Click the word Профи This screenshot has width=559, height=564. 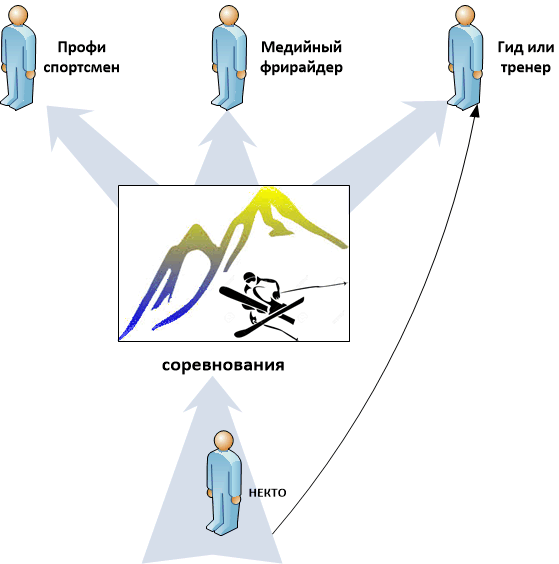[x=82, y=48]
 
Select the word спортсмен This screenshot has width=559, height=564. [x=82, y=67]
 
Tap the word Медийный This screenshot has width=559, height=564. [x=301, y=47]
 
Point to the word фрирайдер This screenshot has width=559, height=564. [x=301, y=68]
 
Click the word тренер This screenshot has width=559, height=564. [x=526, y=67]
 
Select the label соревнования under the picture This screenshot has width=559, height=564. [x=223, y=365]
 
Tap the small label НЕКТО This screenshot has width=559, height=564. [x=268, y=493]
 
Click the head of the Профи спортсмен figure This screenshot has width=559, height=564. [x=18, y=15]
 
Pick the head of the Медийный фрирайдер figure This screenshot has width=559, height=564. [x=229, y=15]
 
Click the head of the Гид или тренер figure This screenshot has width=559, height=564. [x=465, y=15]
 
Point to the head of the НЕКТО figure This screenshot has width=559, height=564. [x=223, y=441]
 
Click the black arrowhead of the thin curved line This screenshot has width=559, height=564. [x=476, y=111]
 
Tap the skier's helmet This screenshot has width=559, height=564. [x=249, y=277]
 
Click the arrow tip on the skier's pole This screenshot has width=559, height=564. [x=345, y=283]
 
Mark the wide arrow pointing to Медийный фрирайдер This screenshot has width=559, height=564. [x=227, y=148]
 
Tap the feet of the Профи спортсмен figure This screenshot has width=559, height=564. [x=15, y=102]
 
